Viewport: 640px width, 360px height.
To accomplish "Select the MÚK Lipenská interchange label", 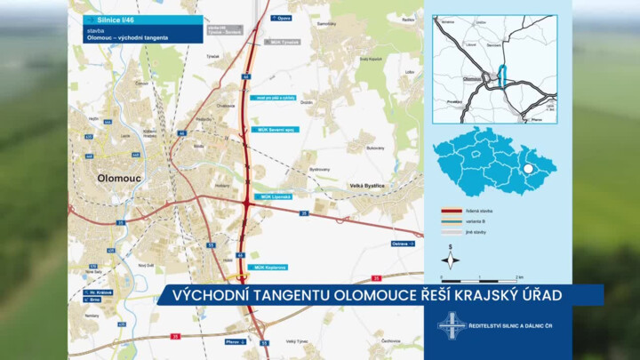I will pos(276,196).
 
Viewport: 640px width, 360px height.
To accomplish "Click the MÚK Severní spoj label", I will pos(279,130).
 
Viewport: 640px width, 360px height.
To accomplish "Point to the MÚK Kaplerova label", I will pos(271,267).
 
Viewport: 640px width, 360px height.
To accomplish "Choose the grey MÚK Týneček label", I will pos(283,42).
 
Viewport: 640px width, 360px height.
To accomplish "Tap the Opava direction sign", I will pos(282,18).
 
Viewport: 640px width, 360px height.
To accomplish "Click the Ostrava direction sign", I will pos(403,244).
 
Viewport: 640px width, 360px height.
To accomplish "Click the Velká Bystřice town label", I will pos(366,186).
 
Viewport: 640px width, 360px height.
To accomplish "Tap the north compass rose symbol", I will pos(451,260).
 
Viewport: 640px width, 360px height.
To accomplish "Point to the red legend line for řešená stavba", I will pos(453,212).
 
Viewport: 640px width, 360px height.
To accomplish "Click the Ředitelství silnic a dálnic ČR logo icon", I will pos(451,324).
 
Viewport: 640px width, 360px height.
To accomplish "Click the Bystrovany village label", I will pos(319,168).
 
